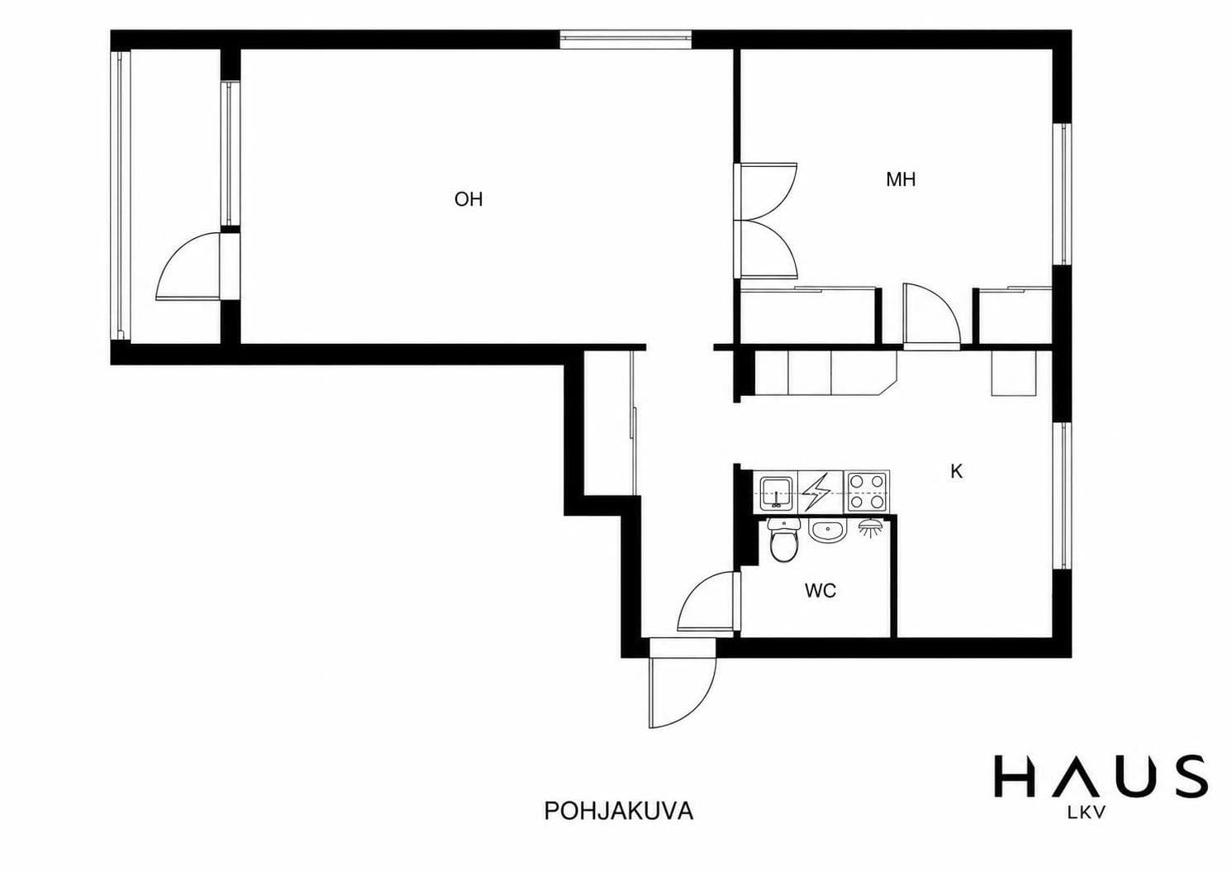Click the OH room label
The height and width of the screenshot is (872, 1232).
pos(469,199)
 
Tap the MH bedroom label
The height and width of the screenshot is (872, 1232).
pos(901,179)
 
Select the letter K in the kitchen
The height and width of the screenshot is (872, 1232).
pos(957,471)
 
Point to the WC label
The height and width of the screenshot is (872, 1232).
pos(820,591)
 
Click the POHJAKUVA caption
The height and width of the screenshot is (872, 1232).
pos(619,811)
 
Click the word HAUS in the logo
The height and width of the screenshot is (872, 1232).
pos(1101,777)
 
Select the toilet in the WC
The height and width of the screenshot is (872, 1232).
pos(784,541)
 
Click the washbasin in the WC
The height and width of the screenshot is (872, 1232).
pos(826,532)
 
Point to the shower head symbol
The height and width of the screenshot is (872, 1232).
pos(869,528)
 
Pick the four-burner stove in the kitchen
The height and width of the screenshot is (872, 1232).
pos(868,492)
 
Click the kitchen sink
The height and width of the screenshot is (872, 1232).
pos(776,493)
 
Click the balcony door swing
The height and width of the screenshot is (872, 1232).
pos(188,266)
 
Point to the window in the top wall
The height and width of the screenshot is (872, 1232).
pos(626,39)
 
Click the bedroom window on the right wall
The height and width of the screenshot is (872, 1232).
pos(1062,193)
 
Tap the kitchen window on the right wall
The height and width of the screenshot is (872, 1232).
pos(1062,496)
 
